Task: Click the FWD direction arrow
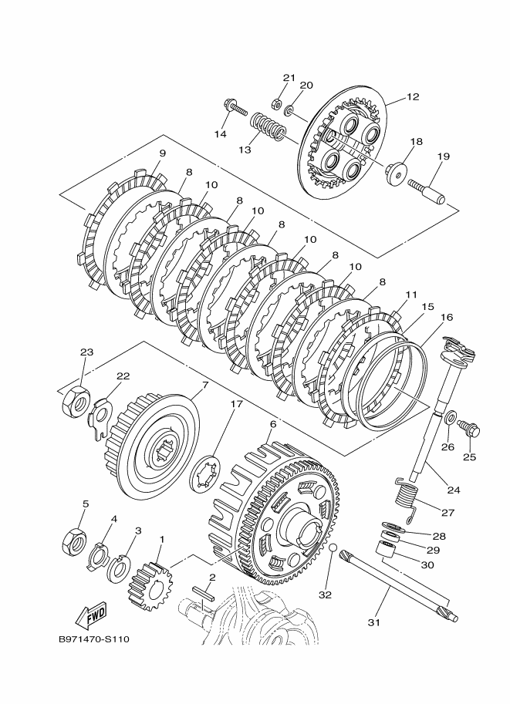[91, 615]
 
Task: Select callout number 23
[86, 352]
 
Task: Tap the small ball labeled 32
[332, 548]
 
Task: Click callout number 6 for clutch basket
[272, 424]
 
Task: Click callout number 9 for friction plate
[162, 153]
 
